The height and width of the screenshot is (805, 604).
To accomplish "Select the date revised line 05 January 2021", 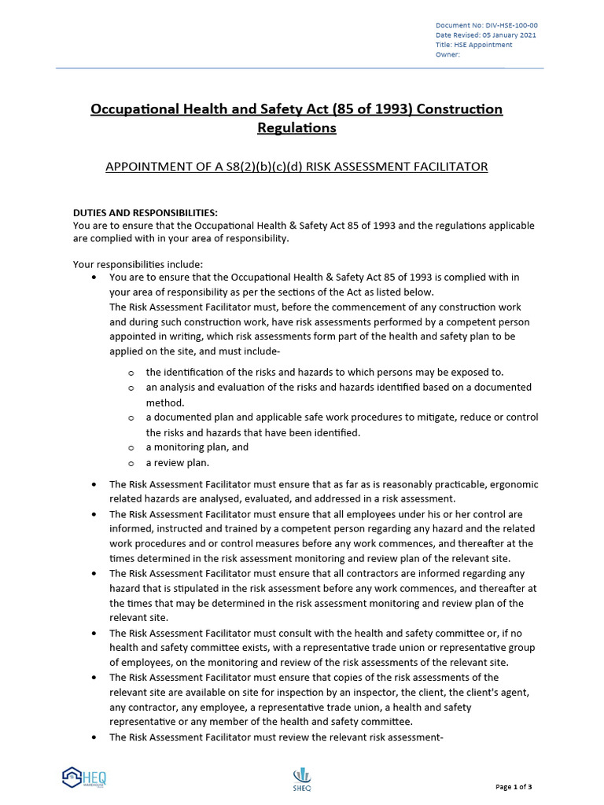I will (x=487, y=35).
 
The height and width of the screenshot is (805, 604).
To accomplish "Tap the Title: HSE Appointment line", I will (x=473, y=45).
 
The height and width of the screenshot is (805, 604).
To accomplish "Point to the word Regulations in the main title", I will (x=296, y=127).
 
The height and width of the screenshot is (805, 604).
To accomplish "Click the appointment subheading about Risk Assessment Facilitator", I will (x=296, y=167).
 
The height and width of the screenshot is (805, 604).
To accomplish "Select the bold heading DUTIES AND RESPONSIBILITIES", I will (x=145, y=213).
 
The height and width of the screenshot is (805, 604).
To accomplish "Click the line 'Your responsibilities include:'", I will (x=138, y=264).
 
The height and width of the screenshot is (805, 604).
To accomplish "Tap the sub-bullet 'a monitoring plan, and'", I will (x=197, y=447).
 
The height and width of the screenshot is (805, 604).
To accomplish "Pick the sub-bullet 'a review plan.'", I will (x=177, y=462).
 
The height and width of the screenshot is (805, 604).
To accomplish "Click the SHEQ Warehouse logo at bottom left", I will (x=84, y=777).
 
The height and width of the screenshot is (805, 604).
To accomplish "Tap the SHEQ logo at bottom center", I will (x=302, y=777).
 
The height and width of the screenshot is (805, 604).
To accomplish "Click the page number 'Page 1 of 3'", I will (x=514, y=787).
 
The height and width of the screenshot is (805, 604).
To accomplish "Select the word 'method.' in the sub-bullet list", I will (x=165, y=402).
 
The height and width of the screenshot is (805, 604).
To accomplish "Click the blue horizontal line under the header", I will (x=299, y=68).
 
